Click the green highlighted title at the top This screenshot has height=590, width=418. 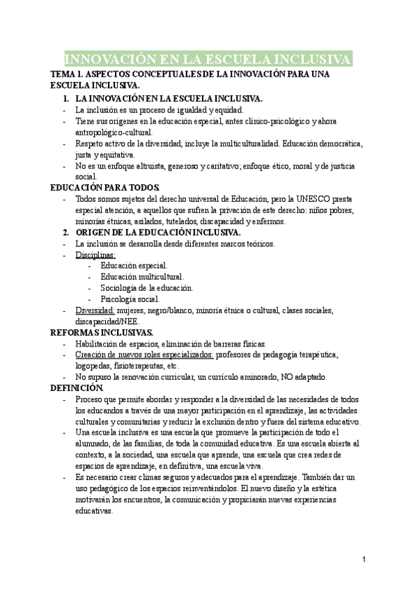coord(208,58)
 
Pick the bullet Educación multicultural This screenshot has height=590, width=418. coord(142,277)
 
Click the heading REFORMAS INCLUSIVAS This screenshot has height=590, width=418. coord(102,333)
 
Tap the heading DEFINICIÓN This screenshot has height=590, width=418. coord(77,388)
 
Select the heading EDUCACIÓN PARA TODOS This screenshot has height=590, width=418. coord(105,188)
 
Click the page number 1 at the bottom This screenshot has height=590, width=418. coord(364,559)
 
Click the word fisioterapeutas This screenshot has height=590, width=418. coord(146,366)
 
